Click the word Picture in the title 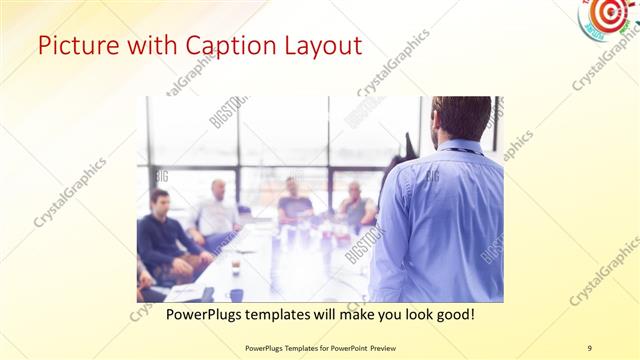[74, 46]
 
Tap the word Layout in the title [319, 46]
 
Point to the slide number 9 [589, 348]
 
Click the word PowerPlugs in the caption [207, 314]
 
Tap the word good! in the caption [453, 314]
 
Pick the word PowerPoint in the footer [342, 348]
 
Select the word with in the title [142, 46]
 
